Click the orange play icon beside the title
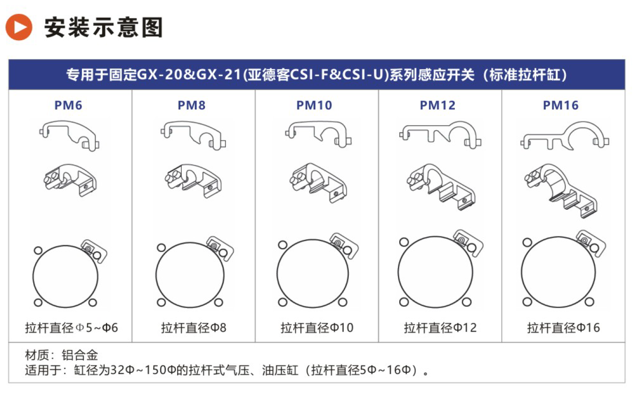pyautogui.click(x=19, y=27)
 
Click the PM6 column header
pyautogui.click(x=68, y=105)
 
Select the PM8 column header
pyautogui.click(x=192, y=105)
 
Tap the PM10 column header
pyautogui.click(x=314, y=105)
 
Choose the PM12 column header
pyautogui.click(x=438, y=105)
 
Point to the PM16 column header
pyautogui.click(x=561, y=105)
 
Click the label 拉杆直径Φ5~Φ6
pyautogui.click(x=72, y=328)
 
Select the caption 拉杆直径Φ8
pyautogui.click(x=194, y=328)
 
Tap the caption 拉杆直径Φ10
pyautogui.click(x=317, y=328)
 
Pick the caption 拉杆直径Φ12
pyautogui.click(x=440, y=328)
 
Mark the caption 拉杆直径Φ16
pyautogui.click(x=564, y=328)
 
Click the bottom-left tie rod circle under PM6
pyautogui.click(x=38, y=303)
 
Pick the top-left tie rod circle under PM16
pyautogui.click(x=527, y=242)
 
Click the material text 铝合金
pyautogui.click(x=80, y=355)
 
